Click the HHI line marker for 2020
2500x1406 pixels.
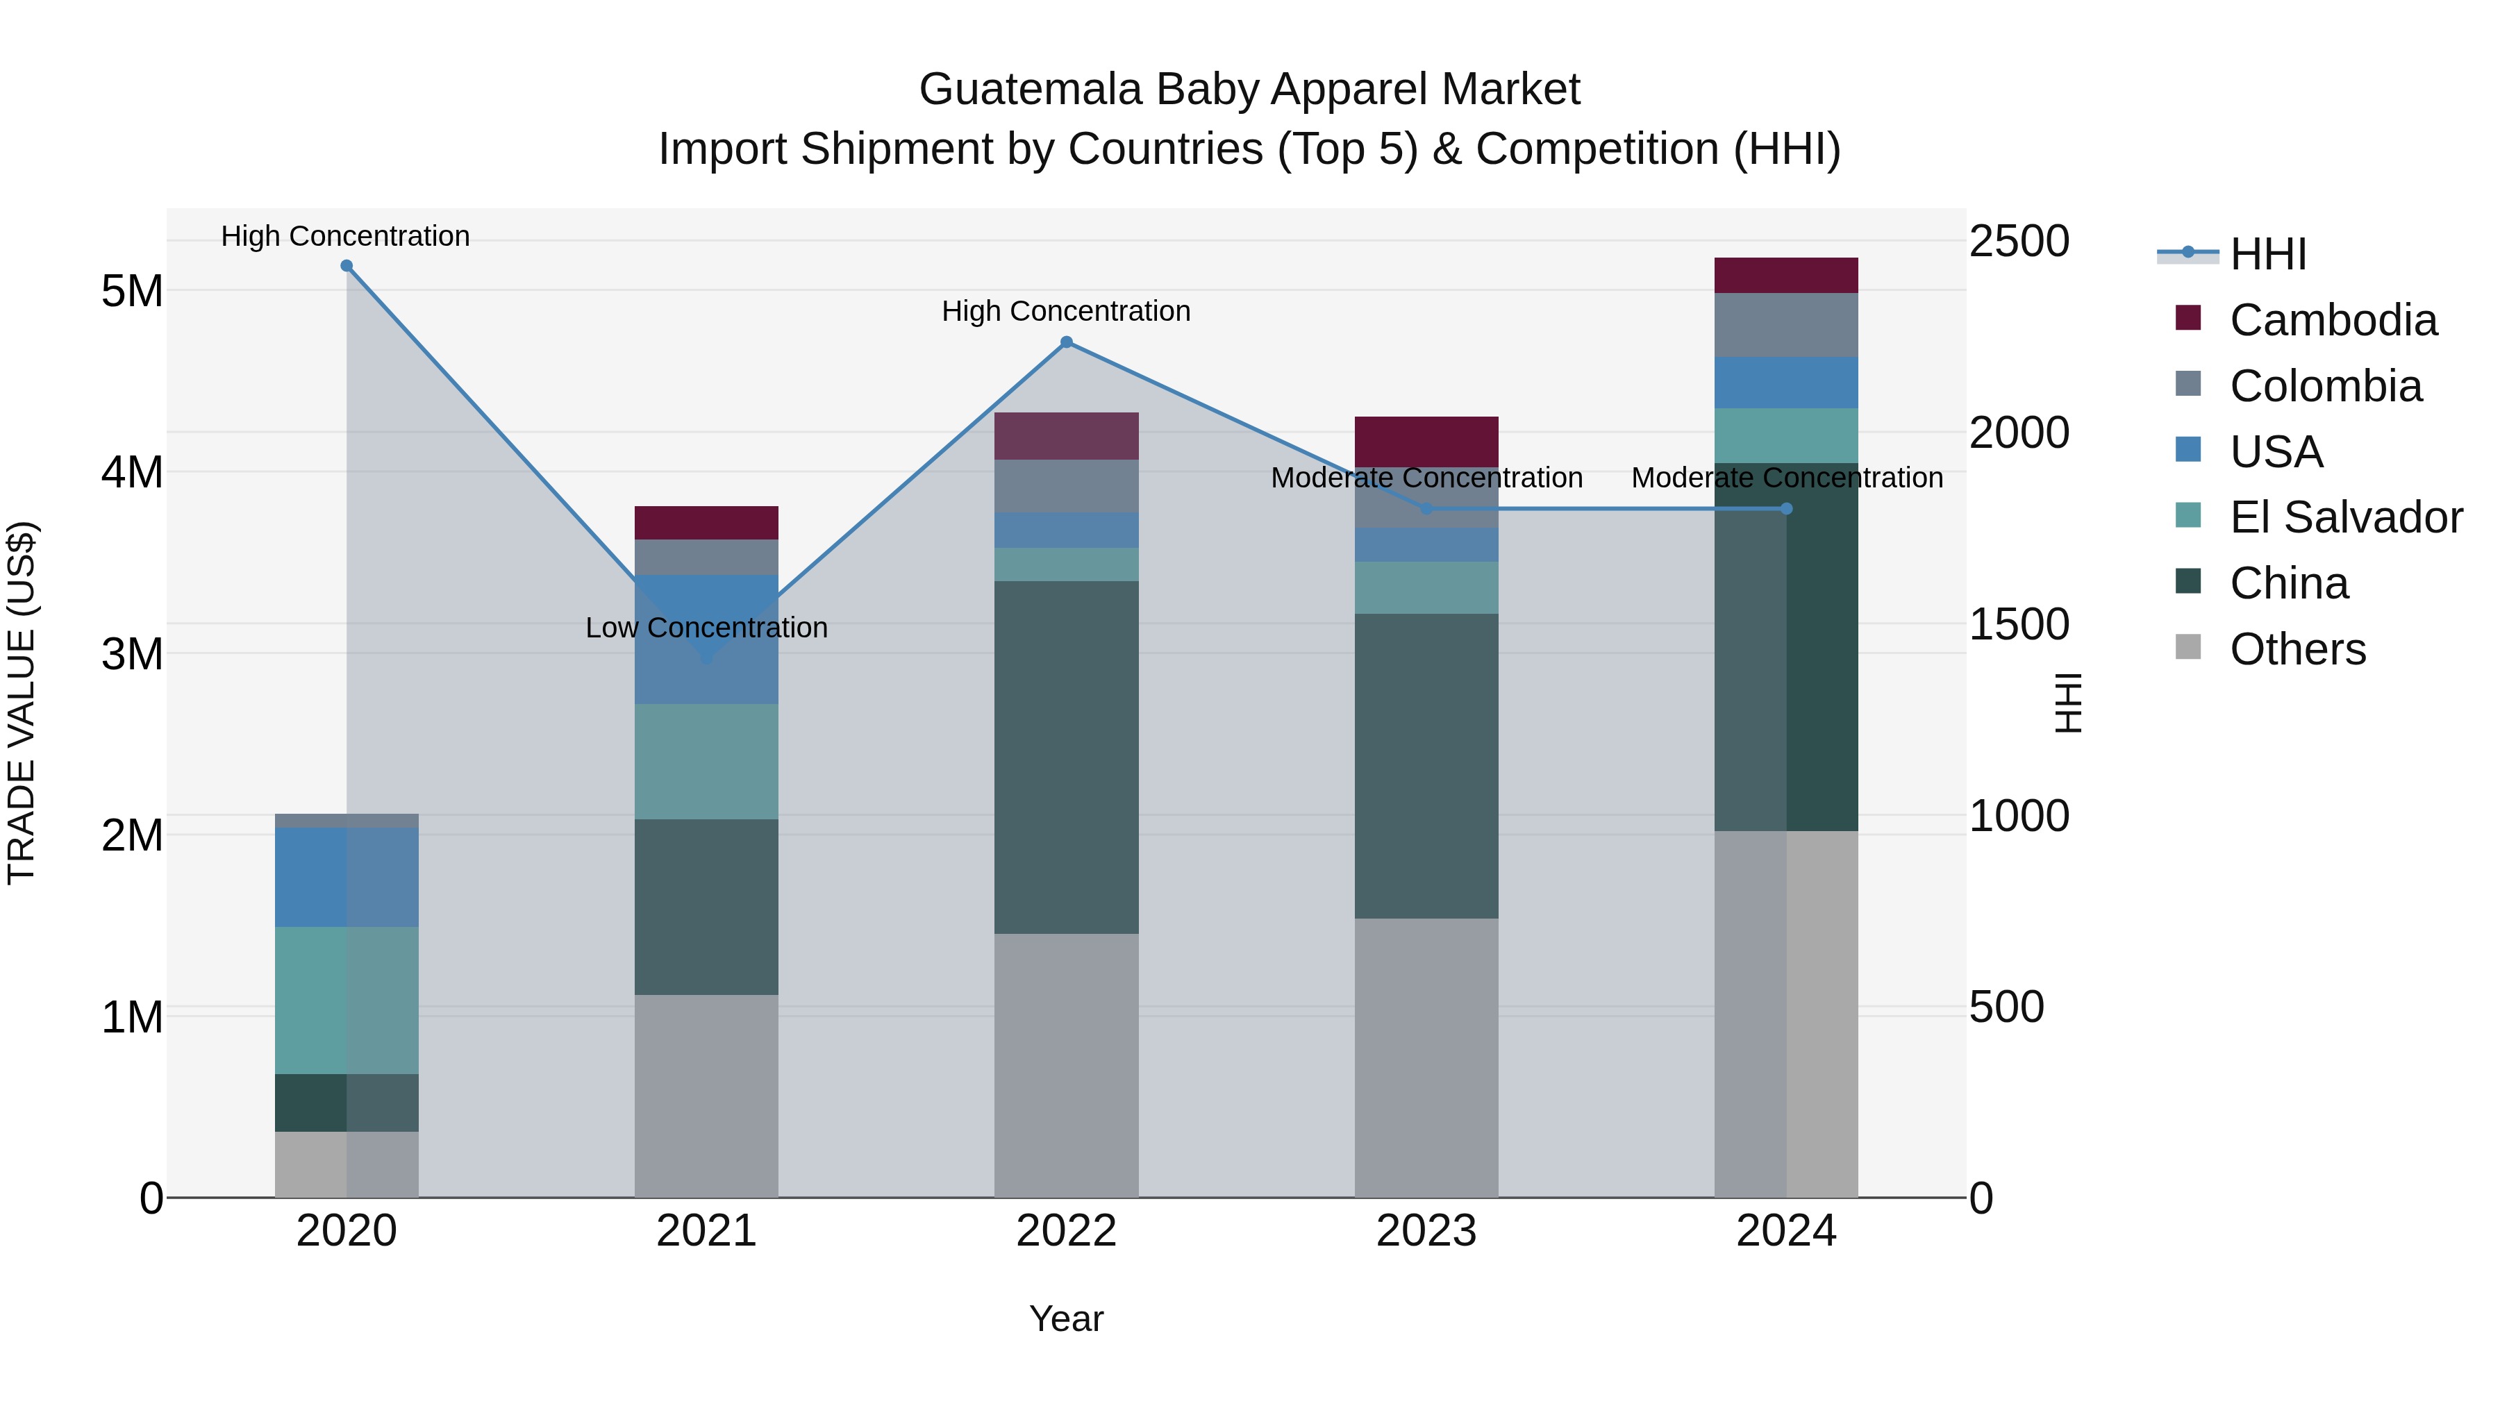(x=347, y=266)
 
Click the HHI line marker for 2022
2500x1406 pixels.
(x=1067, y=342)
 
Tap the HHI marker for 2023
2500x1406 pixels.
(x=1426, y=508)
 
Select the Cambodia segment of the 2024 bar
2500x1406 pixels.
(x=1785, y=276)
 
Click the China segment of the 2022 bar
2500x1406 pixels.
(x=1067, y=757)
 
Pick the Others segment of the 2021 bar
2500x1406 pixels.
(x=706, y=1096)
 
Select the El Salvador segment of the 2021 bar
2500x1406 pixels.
(x=706, y=762)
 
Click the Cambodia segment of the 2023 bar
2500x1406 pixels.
(x=1426, y=442)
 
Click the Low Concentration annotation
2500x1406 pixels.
(x=706, y=628)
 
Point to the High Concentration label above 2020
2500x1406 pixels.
(x=346, y=236)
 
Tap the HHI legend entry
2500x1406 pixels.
(x=2267, y=254)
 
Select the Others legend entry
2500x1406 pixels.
(x=2297, y=649)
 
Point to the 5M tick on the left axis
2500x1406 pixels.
(x=132, y=291)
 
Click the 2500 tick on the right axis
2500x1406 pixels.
(x=2019, y=241)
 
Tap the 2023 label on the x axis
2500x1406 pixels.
(x=1426, y=1231)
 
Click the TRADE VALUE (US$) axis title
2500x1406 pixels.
(x=22, y=703)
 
